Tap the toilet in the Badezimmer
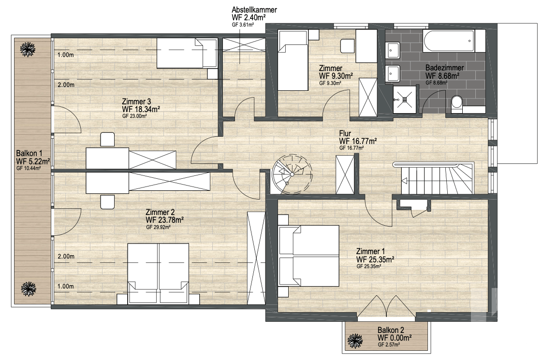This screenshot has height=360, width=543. (457, 104)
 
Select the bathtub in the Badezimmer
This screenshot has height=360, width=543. (449, 41)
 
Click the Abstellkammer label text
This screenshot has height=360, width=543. (254, 10)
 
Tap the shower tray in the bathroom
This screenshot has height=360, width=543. (406, 100)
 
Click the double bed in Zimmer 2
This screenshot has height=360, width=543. (158, 274)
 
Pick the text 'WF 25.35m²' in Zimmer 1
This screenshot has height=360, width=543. (375, 259)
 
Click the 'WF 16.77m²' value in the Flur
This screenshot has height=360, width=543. (358, 141)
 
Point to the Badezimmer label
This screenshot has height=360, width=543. (445, 68)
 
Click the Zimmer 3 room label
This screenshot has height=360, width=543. (136, 102)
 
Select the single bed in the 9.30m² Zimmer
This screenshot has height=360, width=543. (293, 60)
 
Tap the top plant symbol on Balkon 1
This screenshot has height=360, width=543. (28, 49)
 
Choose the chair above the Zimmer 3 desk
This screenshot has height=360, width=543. (107, 139)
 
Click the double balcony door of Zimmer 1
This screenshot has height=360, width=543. (386, 306)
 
